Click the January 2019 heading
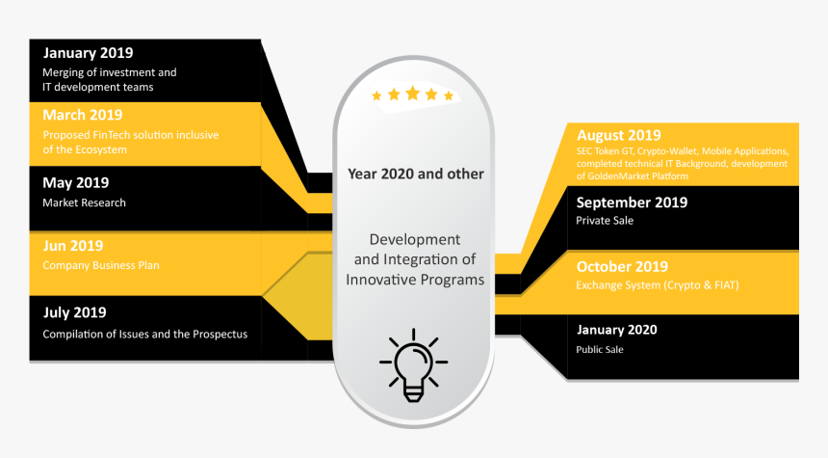click(x=88, y=53)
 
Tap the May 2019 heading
click(x=75, y=182)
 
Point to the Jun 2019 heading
click(x=72, y=246)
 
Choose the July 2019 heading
click(x=74, y=312)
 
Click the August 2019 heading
click(x=619, y=135)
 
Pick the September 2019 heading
click(x=632, y=202)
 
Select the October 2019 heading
click(x=622, y=267)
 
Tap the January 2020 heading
click(x=616, y=330)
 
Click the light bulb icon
click(x=413, y=365)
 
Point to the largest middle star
click(x=413, y=94)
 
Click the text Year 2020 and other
click(x=416, y=175)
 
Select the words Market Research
click(x=84, y=202)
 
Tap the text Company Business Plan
click(x=100, y=265)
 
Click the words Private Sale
click(x=605, y=221)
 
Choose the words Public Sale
click(x=600, y=349)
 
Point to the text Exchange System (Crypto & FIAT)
click(x=657, y=285)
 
